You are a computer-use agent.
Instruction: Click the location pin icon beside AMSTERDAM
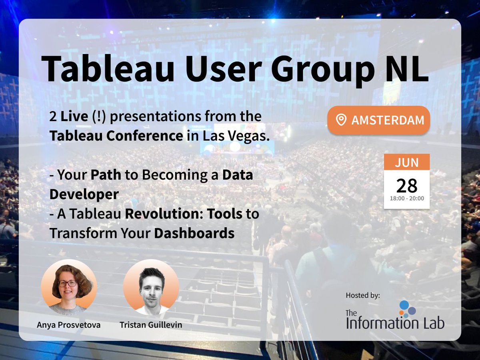pos(341,120)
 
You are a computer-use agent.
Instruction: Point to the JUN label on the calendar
pos(407,163)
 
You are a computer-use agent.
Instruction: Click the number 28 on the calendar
pos(407,186)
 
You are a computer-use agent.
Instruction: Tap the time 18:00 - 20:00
pos(407,198)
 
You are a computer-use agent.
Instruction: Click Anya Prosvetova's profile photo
pos(69,287)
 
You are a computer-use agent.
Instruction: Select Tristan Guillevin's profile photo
pos(151,287)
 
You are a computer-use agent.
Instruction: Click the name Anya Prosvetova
pos(68,324)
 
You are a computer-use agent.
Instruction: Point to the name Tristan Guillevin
pos(151,324)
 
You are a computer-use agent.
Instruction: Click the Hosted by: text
pos(363,296)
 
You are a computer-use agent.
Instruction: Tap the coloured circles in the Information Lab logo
pos(407,309)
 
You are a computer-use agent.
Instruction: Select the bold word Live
pos(74,117)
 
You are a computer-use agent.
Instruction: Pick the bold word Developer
pos(84,194)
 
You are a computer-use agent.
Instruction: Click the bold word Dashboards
pos(194,233)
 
